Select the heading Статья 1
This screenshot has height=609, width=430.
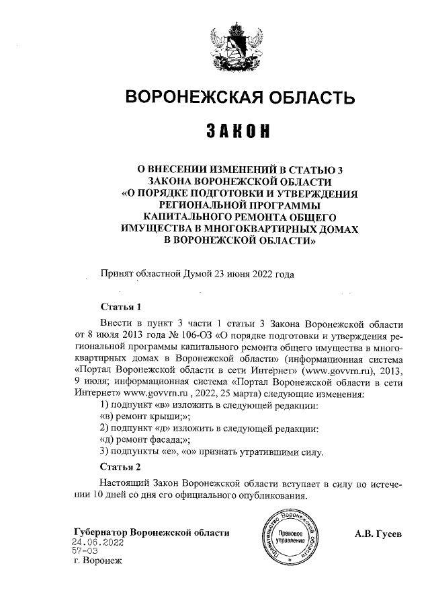click(x=120, y=306)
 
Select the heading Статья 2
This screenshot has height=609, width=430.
click(x=120, y=466)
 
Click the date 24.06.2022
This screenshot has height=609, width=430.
click(x=99, y=542)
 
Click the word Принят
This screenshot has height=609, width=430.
click(x=116, y=274)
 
